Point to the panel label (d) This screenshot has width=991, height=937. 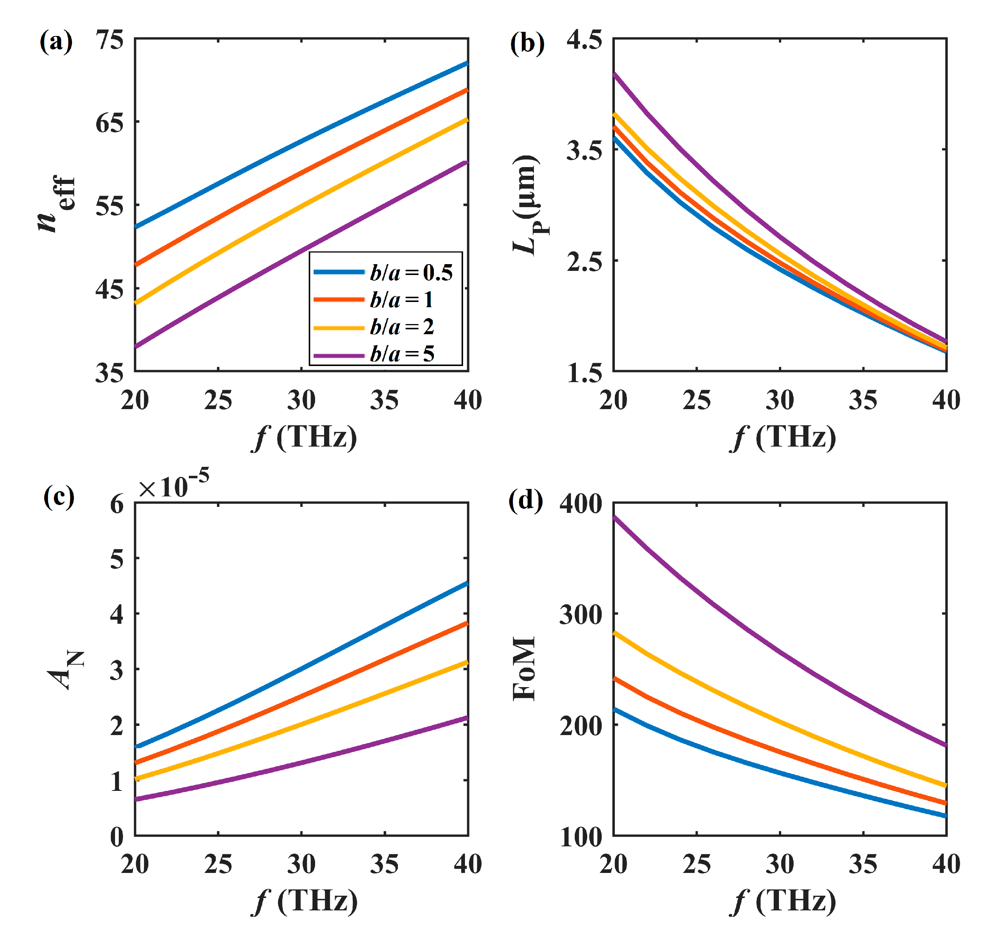pos(525,500)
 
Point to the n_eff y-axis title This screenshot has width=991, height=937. pos(57,204)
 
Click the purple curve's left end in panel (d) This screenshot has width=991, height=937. pos(615,517)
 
